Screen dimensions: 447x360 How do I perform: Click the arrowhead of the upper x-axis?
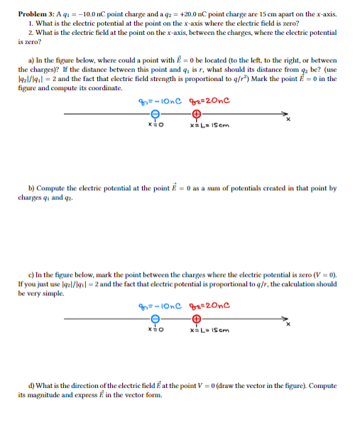(285, 114)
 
